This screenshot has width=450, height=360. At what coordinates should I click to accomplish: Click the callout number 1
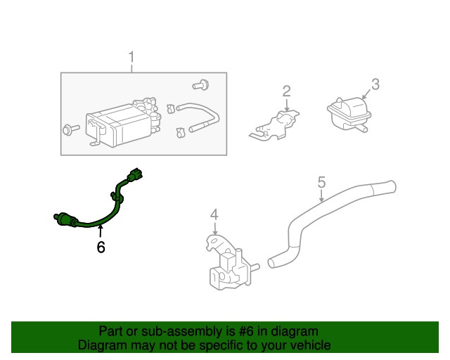[131, 56]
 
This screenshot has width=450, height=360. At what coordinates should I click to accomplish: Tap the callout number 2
[286, 91]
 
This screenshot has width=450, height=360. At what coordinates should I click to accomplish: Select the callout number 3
[375, 84]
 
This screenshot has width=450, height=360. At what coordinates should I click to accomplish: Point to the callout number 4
[214, 214]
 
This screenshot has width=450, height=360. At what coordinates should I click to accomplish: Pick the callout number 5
[321, 183]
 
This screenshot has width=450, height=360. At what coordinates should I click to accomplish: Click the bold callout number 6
[101, 247]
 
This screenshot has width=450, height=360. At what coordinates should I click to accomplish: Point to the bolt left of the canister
[70, 129]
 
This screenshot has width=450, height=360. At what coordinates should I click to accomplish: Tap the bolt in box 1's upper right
[199, 86]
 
